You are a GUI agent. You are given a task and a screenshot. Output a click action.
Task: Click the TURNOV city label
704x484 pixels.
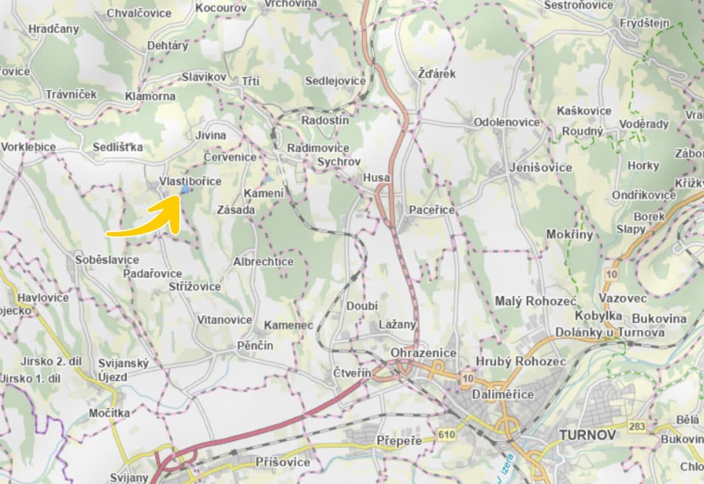[587, 435]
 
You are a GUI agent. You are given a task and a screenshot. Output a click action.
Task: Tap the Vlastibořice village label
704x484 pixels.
[190, 181]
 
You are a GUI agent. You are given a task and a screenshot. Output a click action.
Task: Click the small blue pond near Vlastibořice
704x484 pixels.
[185, 190]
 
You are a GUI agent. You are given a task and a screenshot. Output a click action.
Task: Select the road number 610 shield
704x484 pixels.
[447, 434]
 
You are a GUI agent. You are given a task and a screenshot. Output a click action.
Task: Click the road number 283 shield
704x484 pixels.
[637, 427]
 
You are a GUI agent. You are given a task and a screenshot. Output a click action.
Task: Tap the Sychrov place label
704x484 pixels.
[339, 162]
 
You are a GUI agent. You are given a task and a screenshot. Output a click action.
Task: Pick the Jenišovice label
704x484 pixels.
[541, 168]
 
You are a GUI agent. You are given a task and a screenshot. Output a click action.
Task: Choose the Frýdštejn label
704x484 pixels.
[645, 24]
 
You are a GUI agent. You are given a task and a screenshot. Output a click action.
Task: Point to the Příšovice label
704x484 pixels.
[282, 462]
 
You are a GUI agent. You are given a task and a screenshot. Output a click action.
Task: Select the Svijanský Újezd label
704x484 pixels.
[123, 370]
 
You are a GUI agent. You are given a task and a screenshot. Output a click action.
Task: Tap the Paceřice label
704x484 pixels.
[431, 209]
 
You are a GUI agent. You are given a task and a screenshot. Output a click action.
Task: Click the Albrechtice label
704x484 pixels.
[263, 262]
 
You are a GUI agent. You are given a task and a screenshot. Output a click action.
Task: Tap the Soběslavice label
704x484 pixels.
[107, 260]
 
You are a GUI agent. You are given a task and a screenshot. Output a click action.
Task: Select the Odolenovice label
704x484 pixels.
[506, 122]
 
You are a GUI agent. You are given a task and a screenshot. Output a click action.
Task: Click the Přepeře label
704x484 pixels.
[399, 440]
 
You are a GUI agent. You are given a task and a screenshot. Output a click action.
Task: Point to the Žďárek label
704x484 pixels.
[436, 74]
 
